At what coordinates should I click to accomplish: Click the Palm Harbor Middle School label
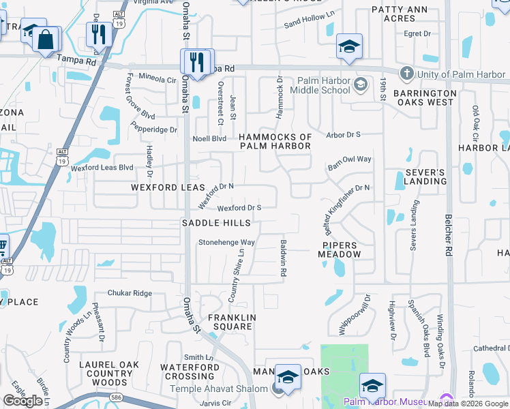[320, 85]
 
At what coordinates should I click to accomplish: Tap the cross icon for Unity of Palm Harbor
[406, 73]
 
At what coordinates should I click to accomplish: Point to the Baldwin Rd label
[282, 257]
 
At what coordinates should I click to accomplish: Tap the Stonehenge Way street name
[226, 242]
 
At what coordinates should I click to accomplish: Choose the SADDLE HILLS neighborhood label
[215, 223]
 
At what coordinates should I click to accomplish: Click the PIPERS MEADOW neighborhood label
[340, 249]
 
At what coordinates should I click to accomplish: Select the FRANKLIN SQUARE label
[232, 322]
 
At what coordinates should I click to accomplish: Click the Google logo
[22, 401]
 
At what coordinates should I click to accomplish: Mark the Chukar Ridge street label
[130, 293]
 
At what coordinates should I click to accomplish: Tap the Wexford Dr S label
[239, 208]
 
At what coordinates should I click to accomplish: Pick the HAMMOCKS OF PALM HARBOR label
[275, 142]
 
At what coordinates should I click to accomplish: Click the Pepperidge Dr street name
[154, 129]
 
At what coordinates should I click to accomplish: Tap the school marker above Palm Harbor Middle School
[349, 47]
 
